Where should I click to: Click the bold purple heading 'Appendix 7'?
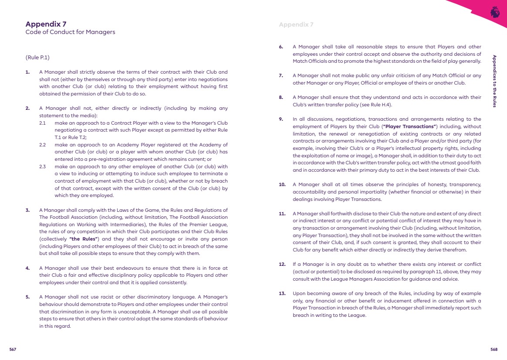point(46,24)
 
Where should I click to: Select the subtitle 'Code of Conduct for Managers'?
point(70,32)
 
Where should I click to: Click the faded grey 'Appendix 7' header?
point(296,24)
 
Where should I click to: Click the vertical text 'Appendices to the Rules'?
point(494,81)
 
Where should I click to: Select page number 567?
point(13,350)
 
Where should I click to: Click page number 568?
point(494,350)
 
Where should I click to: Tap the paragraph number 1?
point(27,72)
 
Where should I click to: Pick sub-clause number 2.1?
point(43,123)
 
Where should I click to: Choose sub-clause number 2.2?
point(43,145)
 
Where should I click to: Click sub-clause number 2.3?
point(43,166)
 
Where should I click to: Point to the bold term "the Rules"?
point(83,238)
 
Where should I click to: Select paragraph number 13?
point(282,294)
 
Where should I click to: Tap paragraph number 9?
point(281,119)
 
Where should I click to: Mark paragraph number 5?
point(27,297)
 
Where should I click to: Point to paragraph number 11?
point(282,214)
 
